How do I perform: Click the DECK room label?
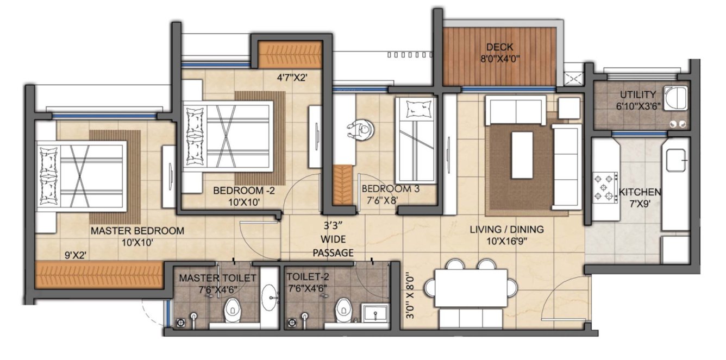click(x=499, y=47)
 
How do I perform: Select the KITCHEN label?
click(x=640, y=192)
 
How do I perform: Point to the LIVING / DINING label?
click(x=506, y=230)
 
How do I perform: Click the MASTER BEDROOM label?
click(x=137, y=231)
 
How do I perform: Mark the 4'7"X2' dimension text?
click(x=293, y=78)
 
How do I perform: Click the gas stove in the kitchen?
click(x=605, y=187)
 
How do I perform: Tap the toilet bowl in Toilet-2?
click(x=343, y=310)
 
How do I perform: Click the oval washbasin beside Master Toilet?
click(x=269, y=296)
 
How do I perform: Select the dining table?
click(x=471, y=287)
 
